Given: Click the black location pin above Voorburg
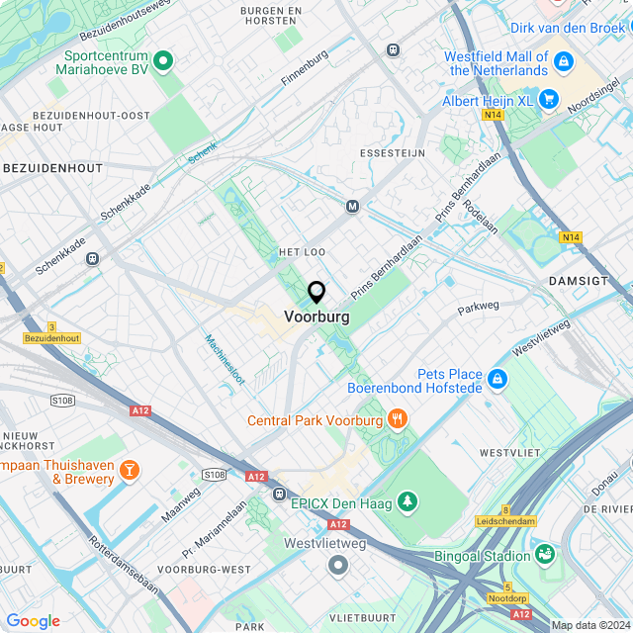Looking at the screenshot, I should click(x=316, y=293).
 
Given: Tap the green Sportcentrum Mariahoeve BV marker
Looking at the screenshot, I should click(x=166, y=62).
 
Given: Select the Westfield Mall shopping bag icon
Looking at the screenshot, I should click(x=564, y=62).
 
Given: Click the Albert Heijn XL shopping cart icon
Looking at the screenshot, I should click(x=549, y=100).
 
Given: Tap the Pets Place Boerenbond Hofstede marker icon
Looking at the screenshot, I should click(x=497, y=379).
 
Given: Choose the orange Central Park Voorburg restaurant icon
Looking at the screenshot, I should click(x=398, y=418).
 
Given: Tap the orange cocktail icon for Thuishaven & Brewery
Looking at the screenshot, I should click(x=129, y=470).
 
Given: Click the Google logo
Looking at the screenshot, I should click(x=33, y=620).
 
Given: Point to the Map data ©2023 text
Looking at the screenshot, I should click(x=589, y=625).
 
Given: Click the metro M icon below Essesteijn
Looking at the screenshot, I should click(x=352, y=206).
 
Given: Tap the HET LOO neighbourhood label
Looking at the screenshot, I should click(x=303, y=253).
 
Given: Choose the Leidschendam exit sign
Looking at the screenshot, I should click(x=505, y=521).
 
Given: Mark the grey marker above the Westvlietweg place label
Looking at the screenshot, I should click(x=338, y=565).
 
